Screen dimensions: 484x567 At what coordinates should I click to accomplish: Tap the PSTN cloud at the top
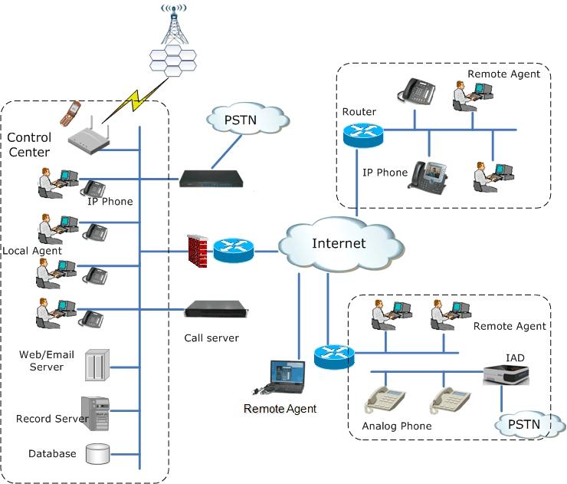[x=247, y=120]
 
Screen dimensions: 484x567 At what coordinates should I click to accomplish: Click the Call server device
[x=216, y=310]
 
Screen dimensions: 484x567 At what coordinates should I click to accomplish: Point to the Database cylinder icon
[x=97, y=453]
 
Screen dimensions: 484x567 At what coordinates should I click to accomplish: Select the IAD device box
[x=506, y=373]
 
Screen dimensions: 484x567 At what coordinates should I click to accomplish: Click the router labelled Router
[x=359, y=137]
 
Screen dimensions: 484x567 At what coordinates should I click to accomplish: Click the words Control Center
[x=29, y=145]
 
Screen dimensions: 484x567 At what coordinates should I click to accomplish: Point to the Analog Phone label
[x=396, y=426]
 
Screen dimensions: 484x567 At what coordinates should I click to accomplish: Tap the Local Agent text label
[x=31, y=251]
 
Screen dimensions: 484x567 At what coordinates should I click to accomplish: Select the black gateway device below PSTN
[x=211, y=179]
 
